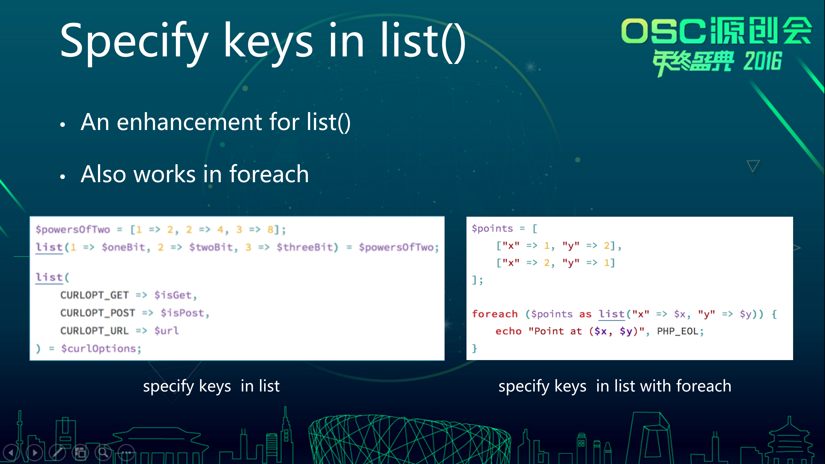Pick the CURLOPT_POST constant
coord(98,313)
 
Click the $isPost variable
coord(185,313)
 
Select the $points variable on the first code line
coord(492,229)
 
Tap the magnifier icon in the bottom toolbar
coord(103,452)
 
